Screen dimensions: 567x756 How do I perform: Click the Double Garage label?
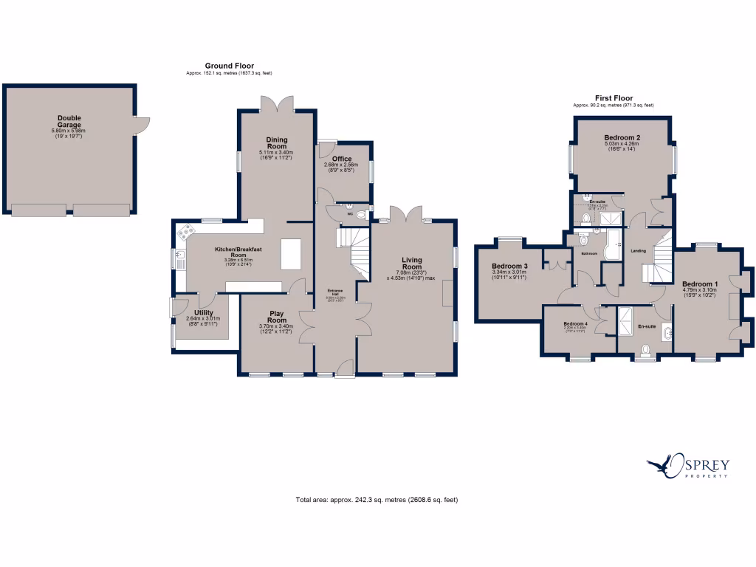69,122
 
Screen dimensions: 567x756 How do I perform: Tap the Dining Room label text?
277,143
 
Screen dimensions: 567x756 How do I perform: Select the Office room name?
342,159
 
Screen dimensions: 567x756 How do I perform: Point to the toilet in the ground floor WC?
360,216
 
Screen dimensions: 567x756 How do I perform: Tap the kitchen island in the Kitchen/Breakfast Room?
289,255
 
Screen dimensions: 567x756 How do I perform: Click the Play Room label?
277,316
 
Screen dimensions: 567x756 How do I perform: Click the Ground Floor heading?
230,66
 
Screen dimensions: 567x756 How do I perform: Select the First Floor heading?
614,97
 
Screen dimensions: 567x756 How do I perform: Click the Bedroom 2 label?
622,137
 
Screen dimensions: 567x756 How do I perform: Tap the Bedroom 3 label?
509,266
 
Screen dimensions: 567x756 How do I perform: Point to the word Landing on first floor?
639,251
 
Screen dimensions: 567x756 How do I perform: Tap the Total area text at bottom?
377,500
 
